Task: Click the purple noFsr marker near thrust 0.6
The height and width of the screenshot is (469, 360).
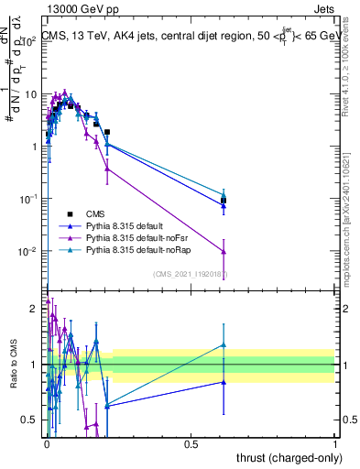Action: (224, 251)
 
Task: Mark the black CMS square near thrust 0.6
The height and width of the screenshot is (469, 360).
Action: (224, 200)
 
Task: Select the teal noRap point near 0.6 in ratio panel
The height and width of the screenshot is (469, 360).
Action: (224, 345)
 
